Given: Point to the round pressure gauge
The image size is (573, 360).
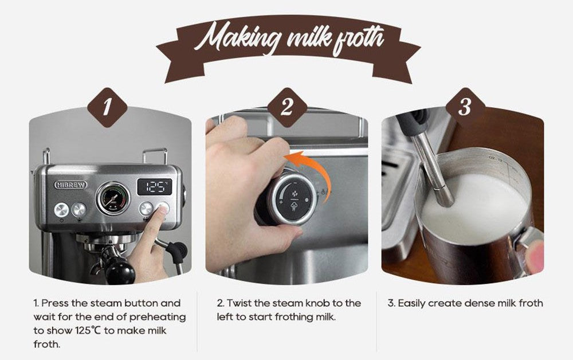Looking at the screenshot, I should coord(112,198).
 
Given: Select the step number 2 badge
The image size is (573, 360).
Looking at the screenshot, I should coord(286,107).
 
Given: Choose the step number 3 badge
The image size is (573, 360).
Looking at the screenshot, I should coord(464,107).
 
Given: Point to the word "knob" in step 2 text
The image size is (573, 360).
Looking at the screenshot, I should coord(330,303).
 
